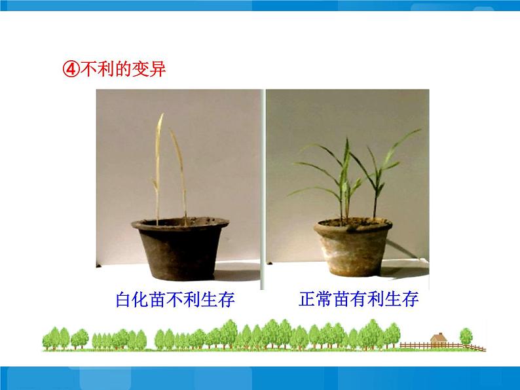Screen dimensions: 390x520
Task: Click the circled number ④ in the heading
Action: click(71, 70)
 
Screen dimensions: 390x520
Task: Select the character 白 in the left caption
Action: click(123, 301)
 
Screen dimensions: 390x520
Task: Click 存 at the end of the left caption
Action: click(226, 301)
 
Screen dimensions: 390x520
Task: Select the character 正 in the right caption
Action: click(307, 300)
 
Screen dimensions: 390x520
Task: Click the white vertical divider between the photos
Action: click(263, 190)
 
